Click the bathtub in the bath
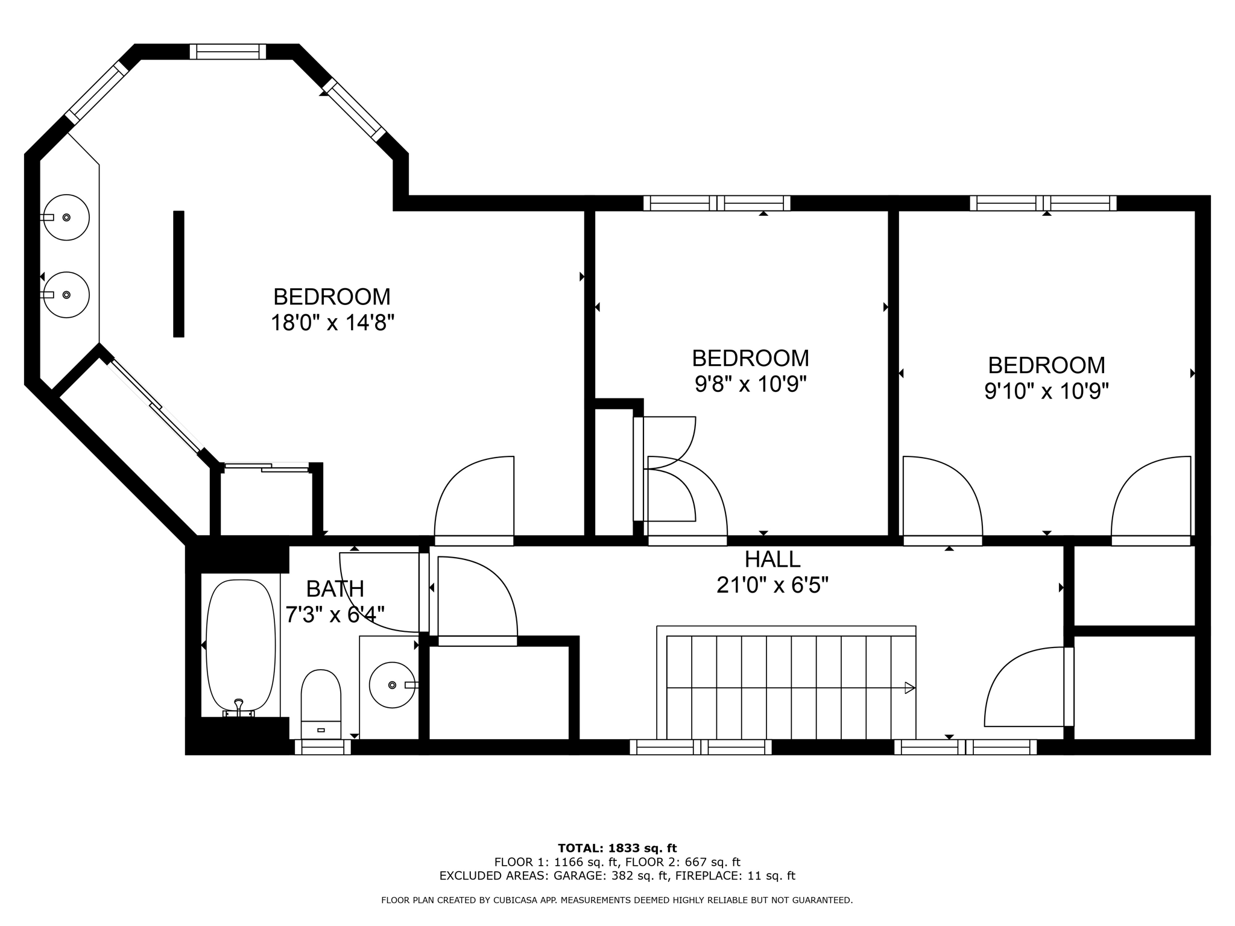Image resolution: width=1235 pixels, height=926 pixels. point(241,645)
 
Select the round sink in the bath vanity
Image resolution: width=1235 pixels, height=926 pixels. point(392,685)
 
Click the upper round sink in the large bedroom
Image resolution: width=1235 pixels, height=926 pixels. point(66,217)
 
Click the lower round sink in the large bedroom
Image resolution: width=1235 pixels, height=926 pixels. point(66,295)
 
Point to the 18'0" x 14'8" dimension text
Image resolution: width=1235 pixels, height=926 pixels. point(332,323)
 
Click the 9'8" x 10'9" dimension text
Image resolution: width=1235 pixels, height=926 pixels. point(750,384)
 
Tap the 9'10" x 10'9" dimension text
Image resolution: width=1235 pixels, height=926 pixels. point(1046,391)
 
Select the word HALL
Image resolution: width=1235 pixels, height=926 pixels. point(772,559)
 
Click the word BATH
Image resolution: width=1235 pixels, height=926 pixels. point(335,588)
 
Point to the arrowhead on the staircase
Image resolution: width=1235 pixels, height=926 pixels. point(910,687)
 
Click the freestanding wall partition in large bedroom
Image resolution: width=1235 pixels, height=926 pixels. point(178,273)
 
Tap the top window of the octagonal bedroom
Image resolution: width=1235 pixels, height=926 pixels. point(228,52)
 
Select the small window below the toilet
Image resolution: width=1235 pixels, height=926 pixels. point(323,748)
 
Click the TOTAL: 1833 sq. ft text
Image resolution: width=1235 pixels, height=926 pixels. point(617,848)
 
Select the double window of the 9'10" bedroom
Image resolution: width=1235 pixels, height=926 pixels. point(1043,203)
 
